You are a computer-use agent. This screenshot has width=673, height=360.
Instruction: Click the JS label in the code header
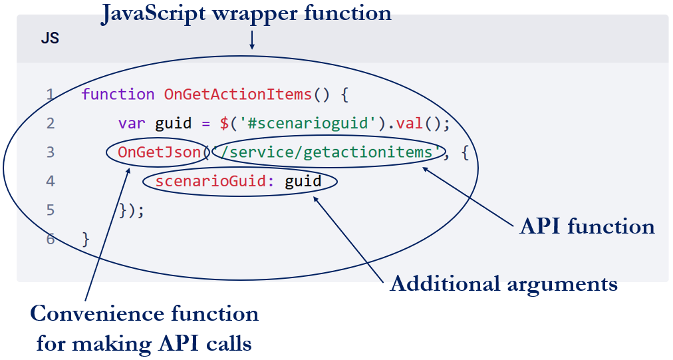tap(50, 39)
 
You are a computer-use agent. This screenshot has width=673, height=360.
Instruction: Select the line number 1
tap(51, 94)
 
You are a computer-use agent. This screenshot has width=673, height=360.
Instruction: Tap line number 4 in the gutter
tap(51, 181)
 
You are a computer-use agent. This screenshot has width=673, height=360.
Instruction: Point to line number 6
tap(51, 239)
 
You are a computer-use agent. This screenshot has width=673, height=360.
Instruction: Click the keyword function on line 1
tap(118, 94)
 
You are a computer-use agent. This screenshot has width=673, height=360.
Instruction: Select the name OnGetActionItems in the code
tap(237, 94)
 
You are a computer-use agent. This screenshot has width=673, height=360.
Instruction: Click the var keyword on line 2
tap(132, 124)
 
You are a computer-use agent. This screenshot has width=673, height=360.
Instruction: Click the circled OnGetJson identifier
tap(159, 152)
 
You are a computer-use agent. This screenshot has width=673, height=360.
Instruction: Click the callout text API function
tap(587, 227)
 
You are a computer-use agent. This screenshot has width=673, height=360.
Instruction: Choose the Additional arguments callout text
tap(503, 284)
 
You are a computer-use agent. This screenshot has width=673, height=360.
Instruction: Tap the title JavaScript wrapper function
tap(246, 13)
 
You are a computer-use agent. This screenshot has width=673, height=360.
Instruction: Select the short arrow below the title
tap(252, 40)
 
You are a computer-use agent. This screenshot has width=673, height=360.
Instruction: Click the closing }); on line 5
tap(131, 210)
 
